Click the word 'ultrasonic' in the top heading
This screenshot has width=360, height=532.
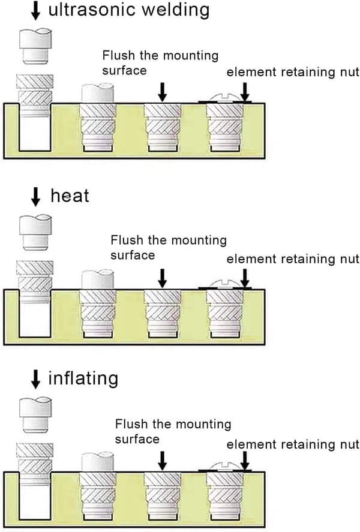92,10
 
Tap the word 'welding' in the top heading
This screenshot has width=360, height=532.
175,10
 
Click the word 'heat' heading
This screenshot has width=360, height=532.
70,196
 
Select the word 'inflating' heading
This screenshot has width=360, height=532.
83,378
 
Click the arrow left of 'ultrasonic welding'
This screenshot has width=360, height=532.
35,10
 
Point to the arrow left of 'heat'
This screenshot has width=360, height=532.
35,197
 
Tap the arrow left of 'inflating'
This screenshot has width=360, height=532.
35,379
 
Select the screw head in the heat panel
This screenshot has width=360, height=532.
224,284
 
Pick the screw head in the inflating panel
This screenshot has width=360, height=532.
224,467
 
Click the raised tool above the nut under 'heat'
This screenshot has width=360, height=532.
35,232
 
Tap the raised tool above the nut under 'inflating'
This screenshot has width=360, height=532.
35,415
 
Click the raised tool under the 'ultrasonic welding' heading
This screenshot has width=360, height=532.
35,46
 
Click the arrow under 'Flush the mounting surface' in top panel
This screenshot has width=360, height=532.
163,92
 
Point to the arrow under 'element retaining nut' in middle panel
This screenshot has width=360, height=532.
245,278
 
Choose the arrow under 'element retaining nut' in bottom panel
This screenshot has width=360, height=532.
245,461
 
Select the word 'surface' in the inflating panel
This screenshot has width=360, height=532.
137,440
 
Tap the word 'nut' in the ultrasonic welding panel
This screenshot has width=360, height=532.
349,72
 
